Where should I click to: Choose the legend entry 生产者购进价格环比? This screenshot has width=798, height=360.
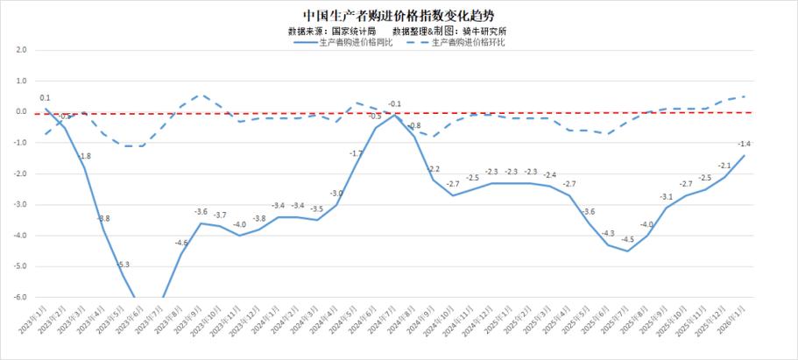pyautogui.click(x=470, y=42)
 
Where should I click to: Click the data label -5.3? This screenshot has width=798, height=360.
pyautogui.click(x=124, y=264)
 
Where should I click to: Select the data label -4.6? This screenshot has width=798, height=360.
pyautogui.click(x=181, y=243)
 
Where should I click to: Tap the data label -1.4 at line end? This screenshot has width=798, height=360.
pyautogui.click(x=744, y=144)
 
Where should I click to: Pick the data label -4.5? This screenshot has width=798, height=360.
pyautogui.click(x=627, y=239)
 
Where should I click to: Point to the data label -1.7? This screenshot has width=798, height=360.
pyautogui.click(x=356, y=153)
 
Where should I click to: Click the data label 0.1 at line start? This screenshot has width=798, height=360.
pyautogui.click(x=45, y=98)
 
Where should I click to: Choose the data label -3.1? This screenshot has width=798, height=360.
pyautogui.click(x=667, y=196)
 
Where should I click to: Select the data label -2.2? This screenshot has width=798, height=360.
pyautogui.click(x=434, y=169)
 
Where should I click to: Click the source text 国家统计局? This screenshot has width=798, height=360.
pyautogui.click(x=355, y=31)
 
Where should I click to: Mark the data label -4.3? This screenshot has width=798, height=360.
pyautogui.click(x=608, y=233)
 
